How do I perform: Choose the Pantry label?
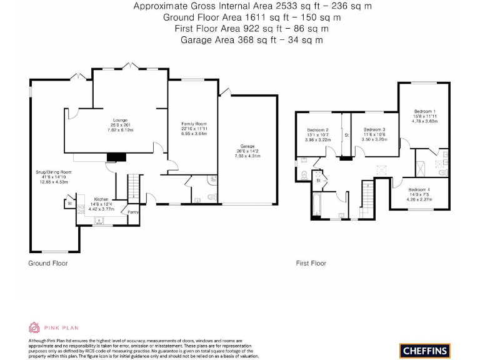[x=132, y=212]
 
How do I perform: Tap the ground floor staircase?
[x=132, y=186]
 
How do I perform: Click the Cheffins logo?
[x=424, y=350]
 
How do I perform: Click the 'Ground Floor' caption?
[x=48, y=263]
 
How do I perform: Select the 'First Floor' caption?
[x=311, y=263]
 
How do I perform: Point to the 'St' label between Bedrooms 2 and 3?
[x=346, y=135]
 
